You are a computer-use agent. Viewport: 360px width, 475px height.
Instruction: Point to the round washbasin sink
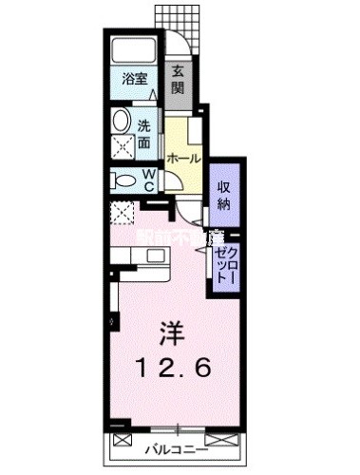click(122, 121)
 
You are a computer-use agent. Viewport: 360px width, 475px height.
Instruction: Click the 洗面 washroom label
click(143, 135)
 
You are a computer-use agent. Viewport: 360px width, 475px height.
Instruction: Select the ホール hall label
click(181, 159)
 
